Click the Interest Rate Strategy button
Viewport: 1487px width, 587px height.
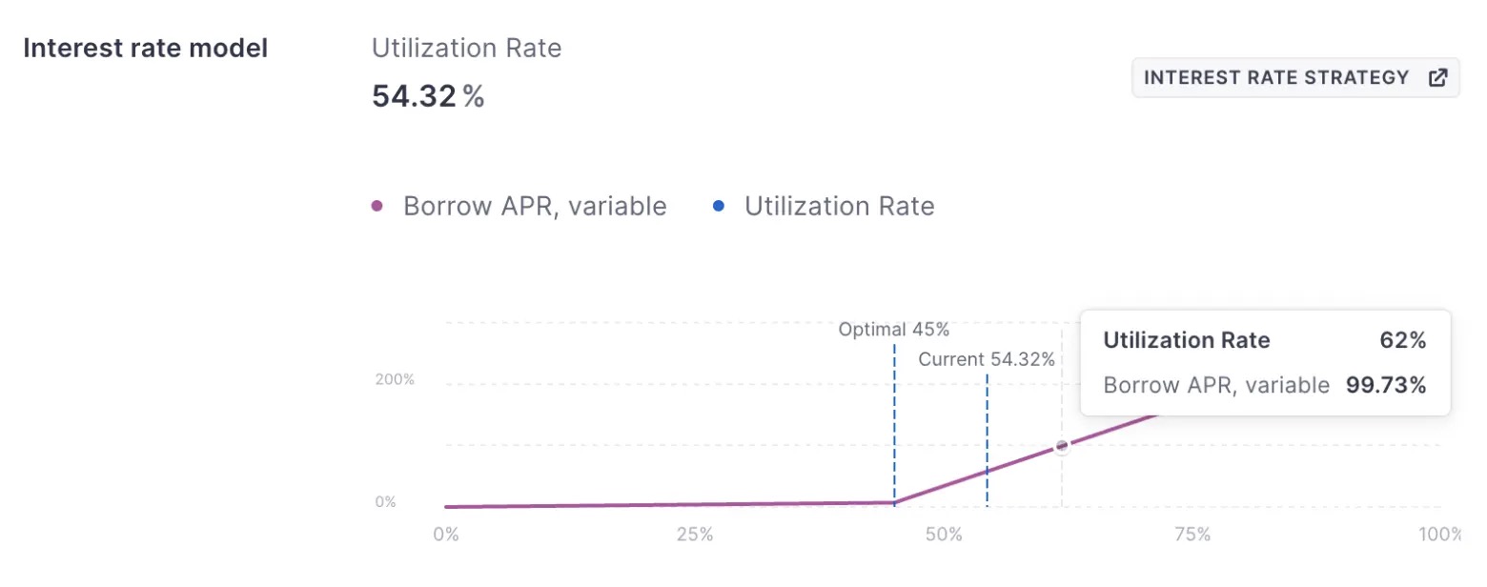tap(1294, 77)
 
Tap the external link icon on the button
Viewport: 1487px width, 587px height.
tap(1437, 77)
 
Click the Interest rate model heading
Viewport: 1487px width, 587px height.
tap(145, 49)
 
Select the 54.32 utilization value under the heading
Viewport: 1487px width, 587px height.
tap(415, 96)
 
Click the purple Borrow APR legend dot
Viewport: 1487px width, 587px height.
tap(377, 206)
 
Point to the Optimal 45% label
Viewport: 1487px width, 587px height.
tap(893, 330)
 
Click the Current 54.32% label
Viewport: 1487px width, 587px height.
tap(987, 359)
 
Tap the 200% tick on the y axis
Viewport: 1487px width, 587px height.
tap(395, 379)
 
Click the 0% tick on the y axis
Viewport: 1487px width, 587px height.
tap(385, 501)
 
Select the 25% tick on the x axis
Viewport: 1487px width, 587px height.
tap(694, 535)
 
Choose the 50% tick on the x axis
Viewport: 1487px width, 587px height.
tap(943, 535)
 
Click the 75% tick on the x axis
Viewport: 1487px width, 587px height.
tap(1192, 535)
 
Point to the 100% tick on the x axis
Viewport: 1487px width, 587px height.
tap(1437, 535)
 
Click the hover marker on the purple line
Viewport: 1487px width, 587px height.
tap(1061, 446)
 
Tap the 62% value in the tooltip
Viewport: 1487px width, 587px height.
tap(1401, 340)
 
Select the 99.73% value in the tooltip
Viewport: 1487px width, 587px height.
tap(1385, 385)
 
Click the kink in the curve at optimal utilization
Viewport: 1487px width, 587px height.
tap(894, 501)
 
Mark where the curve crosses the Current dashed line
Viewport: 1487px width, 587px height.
tap(987, 472)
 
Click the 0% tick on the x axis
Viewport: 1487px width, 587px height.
tap(445, 535)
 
